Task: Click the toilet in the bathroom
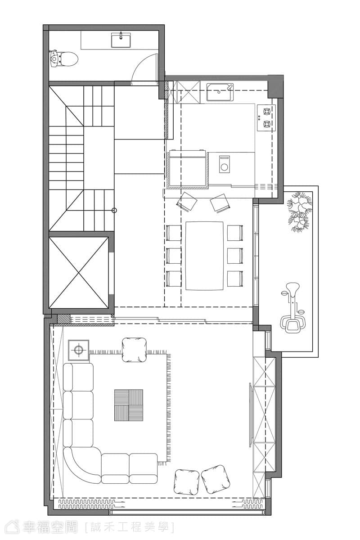[64, 58]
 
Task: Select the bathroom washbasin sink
[121, 40]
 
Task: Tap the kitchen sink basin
[220, 92]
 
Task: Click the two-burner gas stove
[266, 118]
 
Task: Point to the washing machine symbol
[225, 164]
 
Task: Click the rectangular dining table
[204, 256]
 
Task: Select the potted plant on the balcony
[300, 211]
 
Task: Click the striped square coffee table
[129, 405]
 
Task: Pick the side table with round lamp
[78, 350]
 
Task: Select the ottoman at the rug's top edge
[134, 350]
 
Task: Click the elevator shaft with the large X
[79, 272]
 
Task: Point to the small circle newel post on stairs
[115, 211]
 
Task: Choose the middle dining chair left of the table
[174, 256]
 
